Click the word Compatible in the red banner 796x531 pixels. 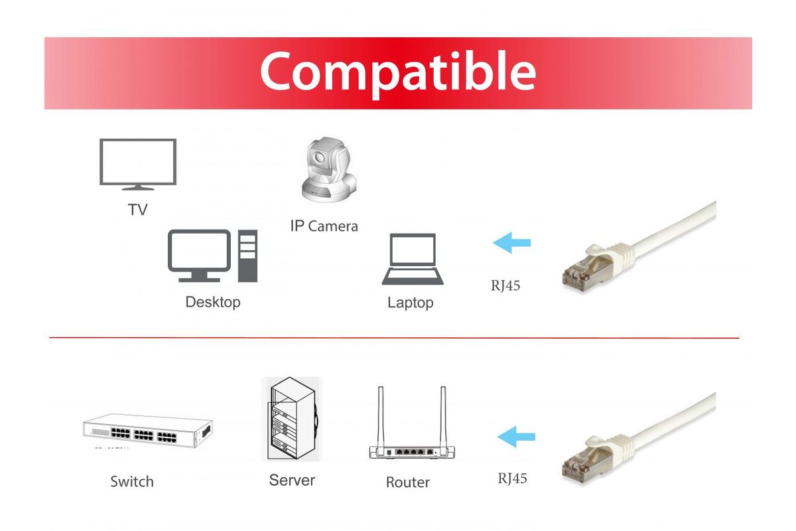click(x=398, y=74)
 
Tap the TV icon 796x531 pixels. click(x=138, y=164)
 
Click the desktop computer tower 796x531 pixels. click(x=247, y=256)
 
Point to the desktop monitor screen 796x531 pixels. click(x=200, y=251)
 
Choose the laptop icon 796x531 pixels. click(x=413, y=260)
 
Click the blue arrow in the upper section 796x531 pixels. click(x=511, y=243)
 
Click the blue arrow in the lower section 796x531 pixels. click(x=516, y=437)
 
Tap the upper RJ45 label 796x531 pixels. click(x=505, y=285)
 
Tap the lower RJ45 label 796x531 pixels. click(x=512, y=479)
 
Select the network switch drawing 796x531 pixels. click(x=147, y=431)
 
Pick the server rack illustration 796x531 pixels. click(x=292, y=419)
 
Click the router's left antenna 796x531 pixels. click(x=381, y=418)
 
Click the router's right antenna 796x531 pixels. click(x=443, y=418)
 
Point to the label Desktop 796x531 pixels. click(x=213, y=302)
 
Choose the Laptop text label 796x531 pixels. click(x=411, y=303)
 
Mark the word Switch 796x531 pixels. click(x=132, y=482)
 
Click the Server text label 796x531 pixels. click(x=292, y=480)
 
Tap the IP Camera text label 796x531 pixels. click(x=324, y=226)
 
